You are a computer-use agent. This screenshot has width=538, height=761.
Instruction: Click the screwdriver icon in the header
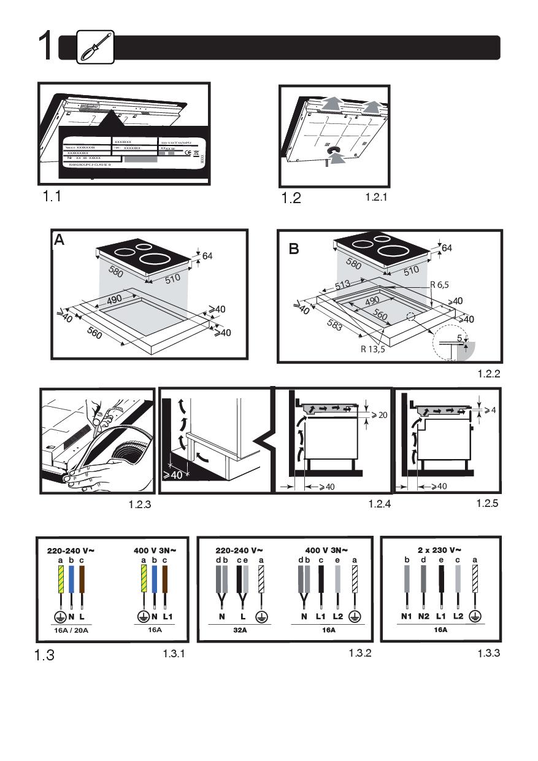(x=95, y=47)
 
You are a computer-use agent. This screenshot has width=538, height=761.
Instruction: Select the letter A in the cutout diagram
(x=59, y=240)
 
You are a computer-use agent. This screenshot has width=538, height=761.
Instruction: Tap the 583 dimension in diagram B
(x=335, y=325)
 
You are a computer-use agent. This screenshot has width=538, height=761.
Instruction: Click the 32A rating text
(x=239, y=630)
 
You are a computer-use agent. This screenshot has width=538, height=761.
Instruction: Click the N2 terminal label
(x=422, y=616)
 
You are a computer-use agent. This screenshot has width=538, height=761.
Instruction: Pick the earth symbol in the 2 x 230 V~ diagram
(x=475, y=616)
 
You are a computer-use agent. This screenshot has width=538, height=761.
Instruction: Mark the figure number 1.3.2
(x=361, y=653)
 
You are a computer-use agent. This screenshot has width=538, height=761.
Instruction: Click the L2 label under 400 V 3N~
(x=337, y=616)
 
